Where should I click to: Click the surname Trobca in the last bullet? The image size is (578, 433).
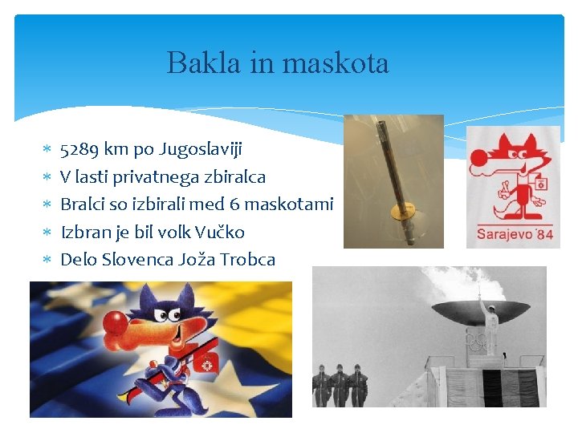pos(247,259)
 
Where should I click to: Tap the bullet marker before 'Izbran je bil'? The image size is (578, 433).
pos(47,233)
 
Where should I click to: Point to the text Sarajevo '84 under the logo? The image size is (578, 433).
pos(515,235)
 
